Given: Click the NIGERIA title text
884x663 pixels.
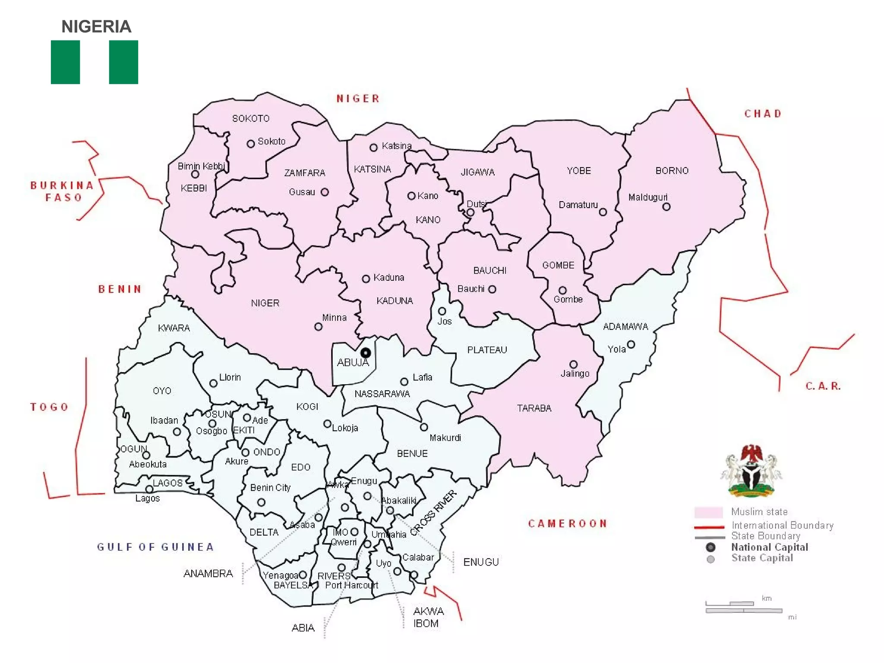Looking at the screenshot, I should click(96, 27).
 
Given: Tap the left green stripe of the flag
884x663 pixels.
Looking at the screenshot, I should click(65, 62).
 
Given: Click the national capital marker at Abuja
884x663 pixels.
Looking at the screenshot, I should click(366, 353).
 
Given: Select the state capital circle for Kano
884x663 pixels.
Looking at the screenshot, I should click(411, 196).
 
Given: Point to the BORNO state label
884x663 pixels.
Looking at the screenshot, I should click(672, 170).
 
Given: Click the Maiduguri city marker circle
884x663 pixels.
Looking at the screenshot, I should click(666, 207).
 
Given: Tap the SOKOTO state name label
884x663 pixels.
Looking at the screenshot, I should click(251, 118).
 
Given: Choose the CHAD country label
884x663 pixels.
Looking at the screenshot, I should click(763, 114).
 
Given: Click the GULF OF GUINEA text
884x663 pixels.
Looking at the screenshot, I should click(155, 547).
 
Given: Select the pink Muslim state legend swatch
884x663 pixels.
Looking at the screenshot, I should click(708, 512).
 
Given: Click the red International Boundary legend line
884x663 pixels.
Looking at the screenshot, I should click(709, 527).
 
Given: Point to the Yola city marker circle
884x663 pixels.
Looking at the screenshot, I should click(631, 344).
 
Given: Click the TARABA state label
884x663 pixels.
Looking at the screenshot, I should click(534, 408).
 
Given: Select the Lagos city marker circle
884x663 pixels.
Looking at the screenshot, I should click(149, 489).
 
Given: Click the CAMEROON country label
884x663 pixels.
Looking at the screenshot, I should click(568, 524).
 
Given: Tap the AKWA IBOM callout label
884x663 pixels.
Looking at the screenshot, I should click(428, 617).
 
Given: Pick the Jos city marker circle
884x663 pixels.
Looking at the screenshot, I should click(442, 311).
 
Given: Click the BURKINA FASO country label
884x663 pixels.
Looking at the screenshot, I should click(63, 191).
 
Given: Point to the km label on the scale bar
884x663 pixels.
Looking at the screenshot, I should click(767, 598).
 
